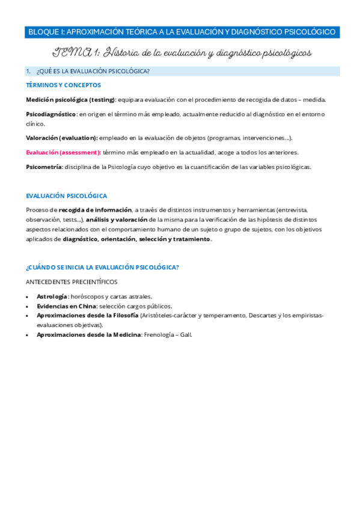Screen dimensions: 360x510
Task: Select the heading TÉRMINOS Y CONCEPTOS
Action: (x=63, y=85)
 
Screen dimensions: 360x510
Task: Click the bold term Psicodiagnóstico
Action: (x=51, y=114)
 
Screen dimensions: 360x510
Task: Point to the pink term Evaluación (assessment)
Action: (x=63, y=152)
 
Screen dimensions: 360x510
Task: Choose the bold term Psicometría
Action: (x=44, y=167)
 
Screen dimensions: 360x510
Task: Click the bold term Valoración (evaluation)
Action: (x=62, y=138)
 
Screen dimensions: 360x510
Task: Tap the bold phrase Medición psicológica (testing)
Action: (x=70, y=99)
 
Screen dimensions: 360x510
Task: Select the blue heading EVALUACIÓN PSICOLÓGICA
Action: (x=67, y=195)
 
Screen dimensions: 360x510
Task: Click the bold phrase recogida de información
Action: (x=96, y=210)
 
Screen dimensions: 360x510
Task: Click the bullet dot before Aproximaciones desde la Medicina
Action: (x=28, y=335)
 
